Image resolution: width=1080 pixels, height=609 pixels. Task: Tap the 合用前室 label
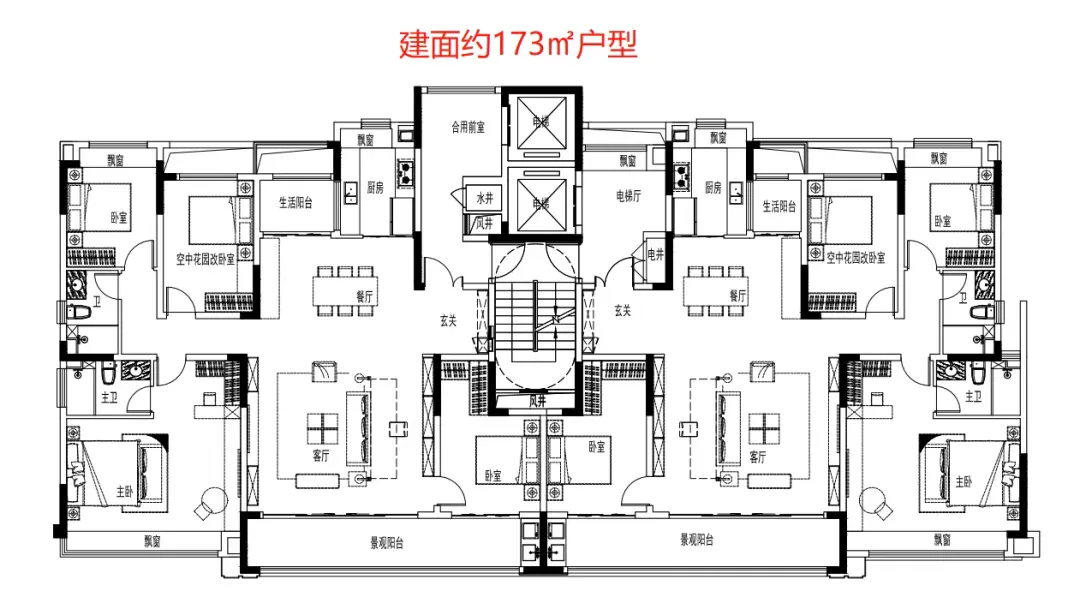pos(467,128)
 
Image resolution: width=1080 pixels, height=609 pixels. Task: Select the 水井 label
pos(485,198)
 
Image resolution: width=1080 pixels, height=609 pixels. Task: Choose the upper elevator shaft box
pos(540,123)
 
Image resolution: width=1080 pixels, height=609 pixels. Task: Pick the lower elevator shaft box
pos(540,204)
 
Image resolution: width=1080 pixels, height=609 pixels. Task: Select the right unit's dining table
pos(714,291)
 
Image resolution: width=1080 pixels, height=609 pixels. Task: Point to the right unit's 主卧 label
pos(962,481)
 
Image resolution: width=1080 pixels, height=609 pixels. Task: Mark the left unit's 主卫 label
pos(108,397)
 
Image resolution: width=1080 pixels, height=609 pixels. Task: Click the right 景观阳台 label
pos(697,541)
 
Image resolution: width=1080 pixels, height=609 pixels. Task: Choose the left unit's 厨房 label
pos(375,187)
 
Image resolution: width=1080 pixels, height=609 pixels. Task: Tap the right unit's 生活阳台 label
pos(779,207)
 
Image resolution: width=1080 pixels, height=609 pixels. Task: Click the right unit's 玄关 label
pos(622,311)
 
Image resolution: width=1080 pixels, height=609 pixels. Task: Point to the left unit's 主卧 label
pos(124,491)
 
